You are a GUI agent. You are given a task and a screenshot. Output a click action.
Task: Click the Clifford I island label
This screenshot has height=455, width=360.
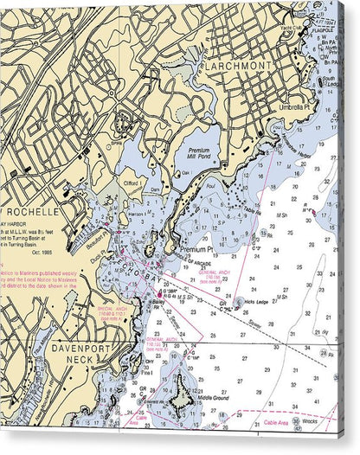(x=132, y=183)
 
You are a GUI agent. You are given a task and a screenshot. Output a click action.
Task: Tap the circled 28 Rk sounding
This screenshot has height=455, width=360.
(x=322, y=353)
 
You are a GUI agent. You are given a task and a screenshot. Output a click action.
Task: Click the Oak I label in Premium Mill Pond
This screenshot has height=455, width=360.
(x=184, y=171)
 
